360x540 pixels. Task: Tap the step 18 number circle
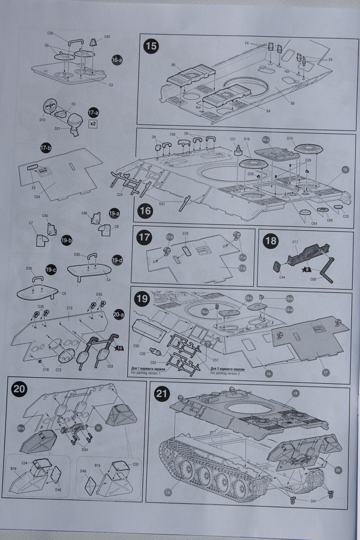[x=270, y=241]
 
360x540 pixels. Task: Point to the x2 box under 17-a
[x=93, y=124]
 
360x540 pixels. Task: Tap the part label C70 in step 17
[x=185, y=234]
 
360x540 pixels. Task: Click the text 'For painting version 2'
[x=226, y=373]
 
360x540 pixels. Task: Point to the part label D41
[x=313, y=502]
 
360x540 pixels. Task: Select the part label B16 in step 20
[x=14, y=469]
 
